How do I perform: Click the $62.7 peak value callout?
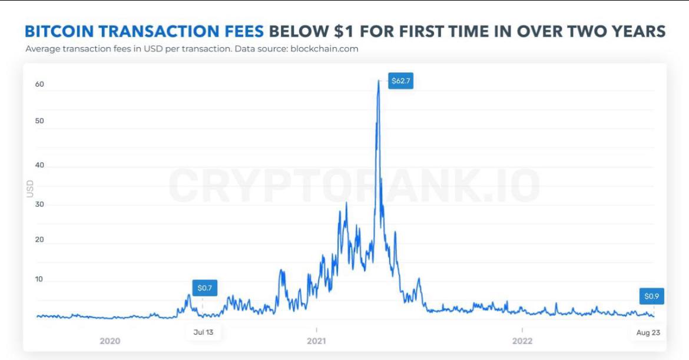tap(401, 80)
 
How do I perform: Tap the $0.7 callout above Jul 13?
tap(204, 288)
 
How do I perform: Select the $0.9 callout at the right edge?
tap(651, 296)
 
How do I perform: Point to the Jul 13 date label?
tap(203, 332)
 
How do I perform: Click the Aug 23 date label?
tap(648, 333)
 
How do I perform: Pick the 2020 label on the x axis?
tap(110, 341)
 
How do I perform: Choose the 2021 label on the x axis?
tap(316, 341)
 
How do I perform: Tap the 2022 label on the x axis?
tap(522, 341)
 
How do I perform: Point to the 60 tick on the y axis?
tap(40, 84)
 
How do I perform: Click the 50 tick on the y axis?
tap(40, 121)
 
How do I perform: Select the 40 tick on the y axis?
tap(40, 166)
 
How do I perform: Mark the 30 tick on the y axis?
tap(40, 204)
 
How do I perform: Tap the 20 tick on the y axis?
tap(40, 240)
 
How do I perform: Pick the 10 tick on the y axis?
tap(40, 279)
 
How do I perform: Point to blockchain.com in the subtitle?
tap(324, 49)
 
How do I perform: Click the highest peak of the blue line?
tap(378, 80)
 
